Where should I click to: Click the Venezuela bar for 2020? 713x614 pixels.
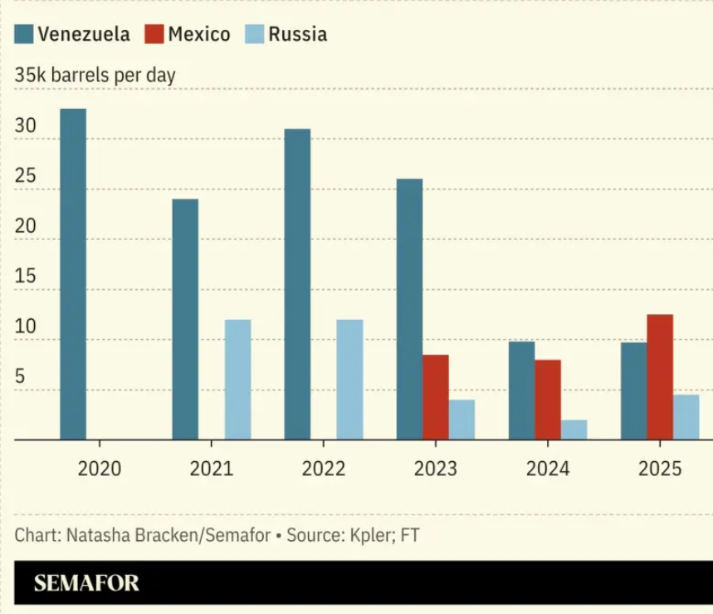[73, 274]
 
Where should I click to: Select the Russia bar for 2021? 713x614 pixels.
[237, 380]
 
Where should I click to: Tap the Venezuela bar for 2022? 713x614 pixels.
[297, 284]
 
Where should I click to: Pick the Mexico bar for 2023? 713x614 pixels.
[435, 397]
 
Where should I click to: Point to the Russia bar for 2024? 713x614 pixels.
[574, 430]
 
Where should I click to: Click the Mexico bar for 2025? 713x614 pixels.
[660, 376]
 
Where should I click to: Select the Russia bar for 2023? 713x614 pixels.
[461, 420]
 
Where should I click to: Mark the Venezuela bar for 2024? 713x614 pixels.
[521, 391]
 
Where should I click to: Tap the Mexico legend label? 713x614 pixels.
[199, 34]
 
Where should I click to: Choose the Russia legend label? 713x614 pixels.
[297, 34]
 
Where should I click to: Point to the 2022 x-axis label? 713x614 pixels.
[324, 469]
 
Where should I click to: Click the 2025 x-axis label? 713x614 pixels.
[660, 469]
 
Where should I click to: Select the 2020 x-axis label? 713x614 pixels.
[100, 469]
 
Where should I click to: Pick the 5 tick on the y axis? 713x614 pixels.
[20, 376]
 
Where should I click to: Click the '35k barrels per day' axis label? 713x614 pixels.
[95, 75]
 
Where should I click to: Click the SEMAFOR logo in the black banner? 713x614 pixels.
[86, 583]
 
